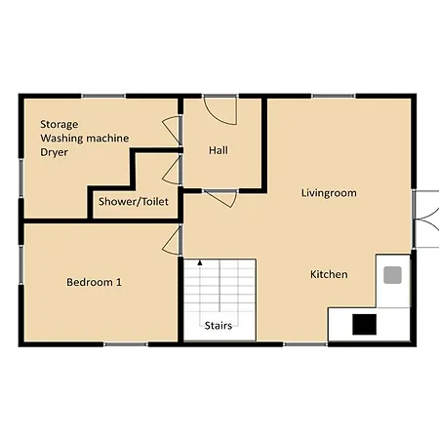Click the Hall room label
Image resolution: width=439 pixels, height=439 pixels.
tap(219, 150)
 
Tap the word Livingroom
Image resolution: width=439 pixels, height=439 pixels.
tap(329, 193)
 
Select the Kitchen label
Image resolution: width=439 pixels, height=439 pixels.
tap(329, 274)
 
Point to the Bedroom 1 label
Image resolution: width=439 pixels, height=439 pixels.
tap(94, 282)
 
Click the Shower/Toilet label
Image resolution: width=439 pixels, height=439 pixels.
tap(134, 202)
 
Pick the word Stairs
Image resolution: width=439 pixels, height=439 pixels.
tap(219, 326)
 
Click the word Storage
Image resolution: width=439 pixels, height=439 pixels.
tap(60, 124)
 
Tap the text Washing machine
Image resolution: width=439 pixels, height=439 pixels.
tap(85, 139)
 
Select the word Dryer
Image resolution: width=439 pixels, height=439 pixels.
tap(54, 152)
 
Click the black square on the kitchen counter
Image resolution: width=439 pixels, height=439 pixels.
tap(365, 324)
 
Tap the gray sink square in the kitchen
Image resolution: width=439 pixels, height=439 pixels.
tap(392, 275)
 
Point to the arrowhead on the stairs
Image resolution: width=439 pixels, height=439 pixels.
tap(200, 262)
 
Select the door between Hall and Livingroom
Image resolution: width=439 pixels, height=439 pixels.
tap(220, 198)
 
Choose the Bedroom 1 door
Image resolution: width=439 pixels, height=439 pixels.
tap(172, 241)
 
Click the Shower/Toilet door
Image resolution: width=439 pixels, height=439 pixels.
tap(172, 171)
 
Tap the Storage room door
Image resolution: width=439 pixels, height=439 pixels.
tap(172, 130)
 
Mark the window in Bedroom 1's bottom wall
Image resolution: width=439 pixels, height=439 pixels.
tap(126, 344)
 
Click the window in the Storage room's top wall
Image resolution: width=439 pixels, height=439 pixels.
tap(103, 96)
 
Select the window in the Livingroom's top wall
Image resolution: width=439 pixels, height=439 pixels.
tap(334, 96)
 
